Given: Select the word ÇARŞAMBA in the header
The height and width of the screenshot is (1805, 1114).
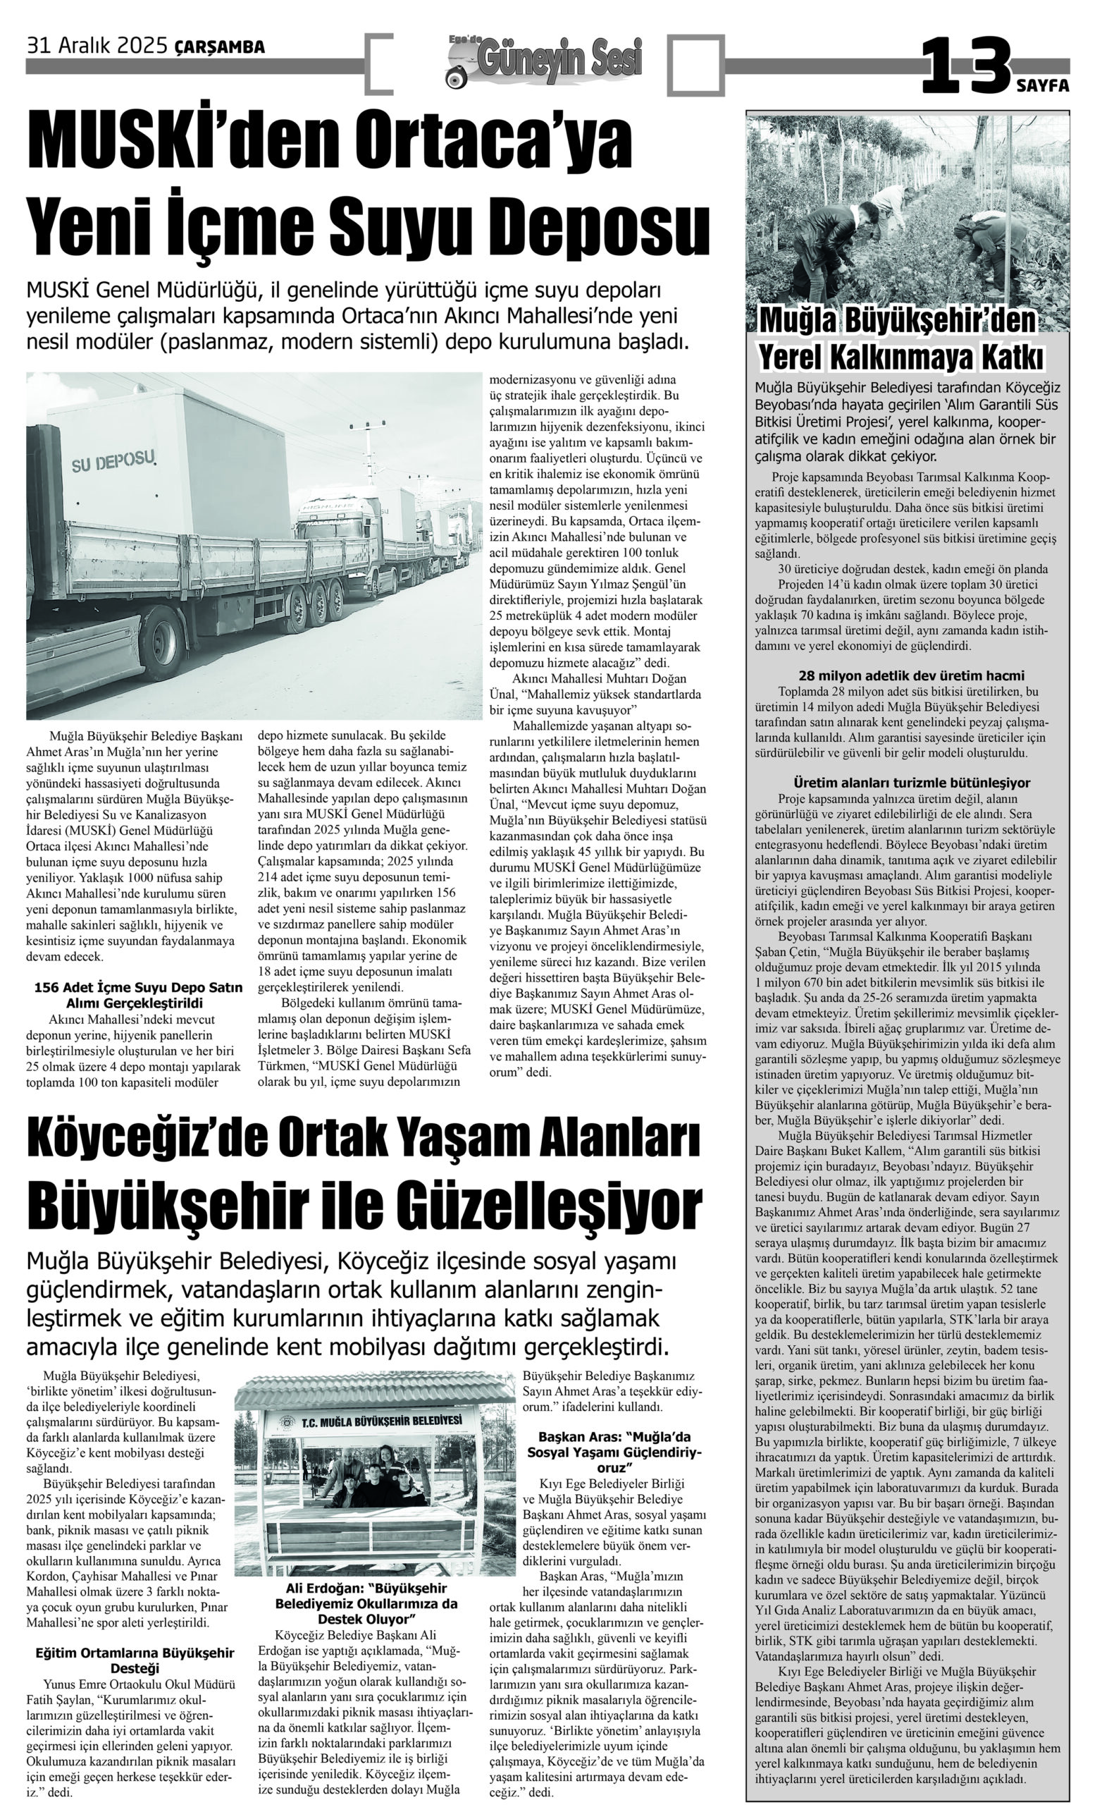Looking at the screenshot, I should (x=220, y=48).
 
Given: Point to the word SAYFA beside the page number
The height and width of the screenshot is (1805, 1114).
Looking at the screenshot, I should (x=1043, y=85).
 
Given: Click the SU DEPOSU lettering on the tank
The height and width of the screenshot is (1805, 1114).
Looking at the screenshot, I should (x=113, y=462).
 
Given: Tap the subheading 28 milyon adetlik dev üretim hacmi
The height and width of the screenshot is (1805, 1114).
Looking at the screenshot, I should (x=910, y=675).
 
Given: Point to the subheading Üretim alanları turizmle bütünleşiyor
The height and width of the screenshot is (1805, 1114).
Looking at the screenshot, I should (x=911, y=783).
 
